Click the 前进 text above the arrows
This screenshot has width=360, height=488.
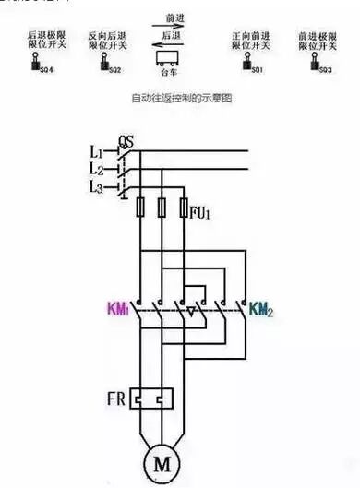[173, 18]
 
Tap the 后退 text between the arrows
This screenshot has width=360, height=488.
[173, 33]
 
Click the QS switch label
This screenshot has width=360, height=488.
[126, 140]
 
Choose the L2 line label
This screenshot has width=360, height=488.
[97, 170]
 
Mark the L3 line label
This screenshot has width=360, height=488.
[97, 187]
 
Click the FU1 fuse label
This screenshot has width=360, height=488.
[202, 212]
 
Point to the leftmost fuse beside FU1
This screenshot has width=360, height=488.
[139, 208]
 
